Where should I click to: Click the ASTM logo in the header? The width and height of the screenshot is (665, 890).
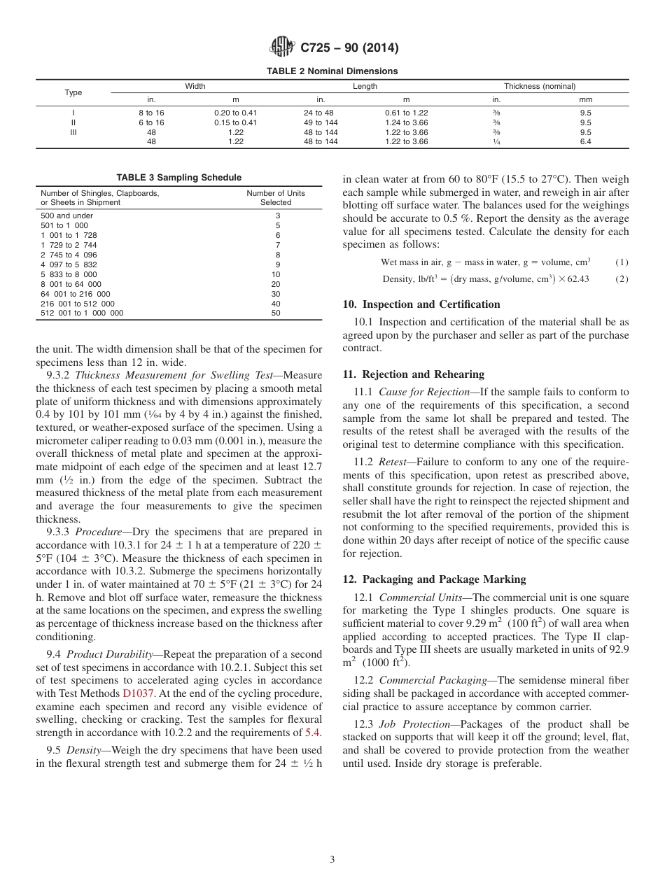(x=282, y=48)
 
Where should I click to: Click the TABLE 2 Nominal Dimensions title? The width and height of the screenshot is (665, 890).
(x=332, y=71)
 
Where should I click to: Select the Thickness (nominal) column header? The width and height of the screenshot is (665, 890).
(x=540, y=86)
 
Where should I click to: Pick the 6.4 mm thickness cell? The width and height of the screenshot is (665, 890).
(x=585, y=141)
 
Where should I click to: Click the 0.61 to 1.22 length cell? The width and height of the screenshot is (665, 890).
(x=406, y=113)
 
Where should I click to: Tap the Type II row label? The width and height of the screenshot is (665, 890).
(x=73, y=122)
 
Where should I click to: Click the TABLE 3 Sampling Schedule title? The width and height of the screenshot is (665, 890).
(x=178, y=177)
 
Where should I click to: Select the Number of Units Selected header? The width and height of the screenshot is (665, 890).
(x=276, y=198)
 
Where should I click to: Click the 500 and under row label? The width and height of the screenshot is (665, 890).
(x=66, y=216)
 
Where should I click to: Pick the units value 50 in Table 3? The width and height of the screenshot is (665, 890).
(x=276, y=313)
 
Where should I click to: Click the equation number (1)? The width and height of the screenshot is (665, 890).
(x=622, y=262)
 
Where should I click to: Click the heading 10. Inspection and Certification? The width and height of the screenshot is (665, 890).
(x=421, y=304)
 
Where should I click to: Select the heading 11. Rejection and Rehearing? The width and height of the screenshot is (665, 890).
(x=413, y=374)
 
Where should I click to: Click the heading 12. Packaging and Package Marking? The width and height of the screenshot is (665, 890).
(x=434, y=579)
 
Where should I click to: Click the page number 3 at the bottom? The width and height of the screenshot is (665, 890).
(x=332, y=859)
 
